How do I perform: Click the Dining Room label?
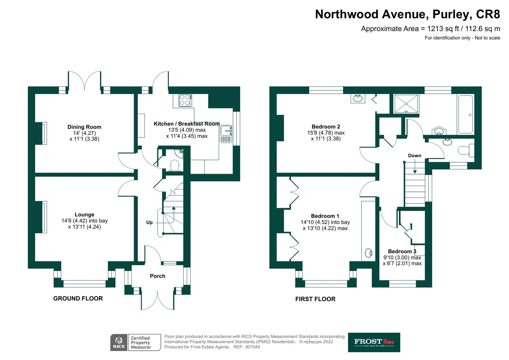84,127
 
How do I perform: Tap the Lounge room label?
84,215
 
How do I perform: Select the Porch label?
157,276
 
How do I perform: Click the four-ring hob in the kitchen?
185,100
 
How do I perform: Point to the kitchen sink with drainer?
226,134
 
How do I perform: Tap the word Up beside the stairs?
149,222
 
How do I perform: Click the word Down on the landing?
414,155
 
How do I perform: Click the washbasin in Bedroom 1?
369,253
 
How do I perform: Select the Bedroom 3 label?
402,252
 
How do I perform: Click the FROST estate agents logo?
374,342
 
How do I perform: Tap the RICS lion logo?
119,342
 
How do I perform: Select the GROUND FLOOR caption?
78,299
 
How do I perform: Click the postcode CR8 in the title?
489,14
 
